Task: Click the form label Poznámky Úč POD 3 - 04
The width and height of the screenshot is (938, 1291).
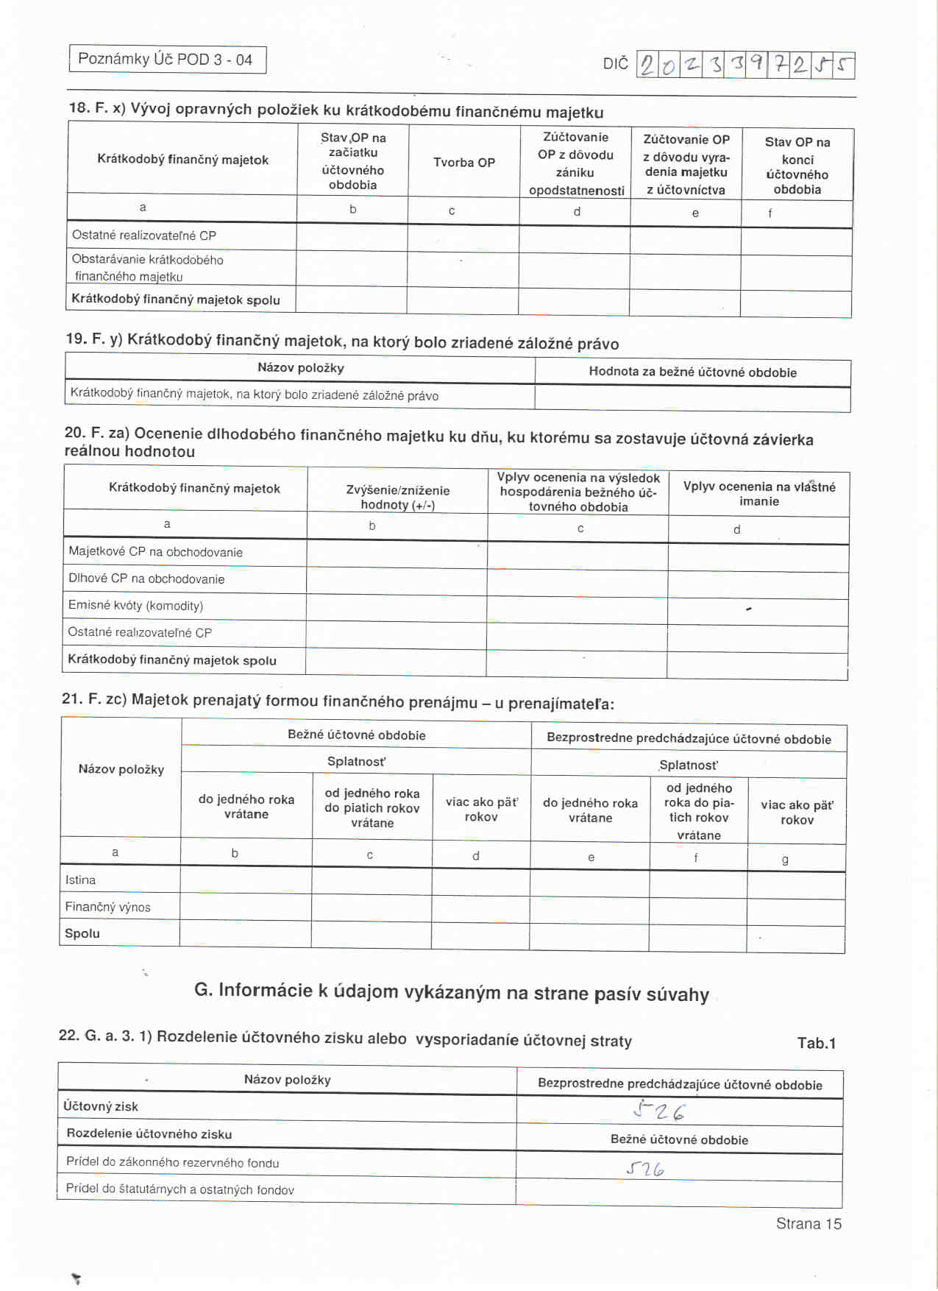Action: point(166,60)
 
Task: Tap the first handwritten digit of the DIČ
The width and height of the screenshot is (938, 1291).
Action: point(647,66)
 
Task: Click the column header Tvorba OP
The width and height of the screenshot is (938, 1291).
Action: point(463,163)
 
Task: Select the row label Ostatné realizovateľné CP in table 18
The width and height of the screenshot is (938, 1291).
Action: point(144,236)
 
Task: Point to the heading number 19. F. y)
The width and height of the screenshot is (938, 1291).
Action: point(94,339)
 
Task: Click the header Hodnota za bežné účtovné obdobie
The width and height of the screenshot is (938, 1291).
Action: point(692,372)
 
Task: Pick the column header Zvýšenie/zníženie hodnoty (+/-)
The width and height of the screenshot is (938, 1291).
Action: point(397,498)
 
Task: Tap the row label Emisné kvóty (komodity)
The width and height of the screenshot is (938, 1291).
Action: point(135,606)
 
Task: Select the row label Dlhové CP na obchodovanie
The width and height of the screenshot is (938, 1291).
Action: point(146,579)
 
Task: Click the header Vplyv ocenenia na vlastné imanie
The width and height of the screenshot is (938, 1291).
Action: point(758,494)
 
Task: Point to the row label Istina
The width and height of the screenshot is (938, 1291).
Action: point(80,880)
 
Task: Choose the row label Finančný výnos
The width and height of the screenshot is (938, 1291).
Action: point(107,907)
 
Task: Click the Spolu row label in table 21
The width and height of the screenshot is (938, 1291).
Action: point(82,933)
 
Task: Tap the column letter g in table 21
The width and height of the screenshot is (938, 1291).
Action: point(785,860)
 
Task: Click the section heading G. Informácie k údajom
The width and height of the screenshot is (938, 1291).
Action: point(451,993)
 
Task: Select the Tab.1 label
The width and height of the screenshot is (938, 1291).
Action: point(816,1043)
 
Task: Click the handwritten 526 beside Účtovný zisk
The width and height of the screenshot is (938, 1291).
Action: point(659,1111)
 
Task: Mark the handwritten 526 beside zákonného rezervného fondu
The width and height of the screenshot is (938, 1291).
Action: point(645,1169)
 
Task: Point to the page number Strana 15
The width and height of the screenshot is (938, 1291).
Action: point(809,1223)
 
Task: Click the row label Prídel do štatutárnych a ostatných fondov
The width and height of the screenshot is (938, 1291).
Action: point(180,1189)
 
